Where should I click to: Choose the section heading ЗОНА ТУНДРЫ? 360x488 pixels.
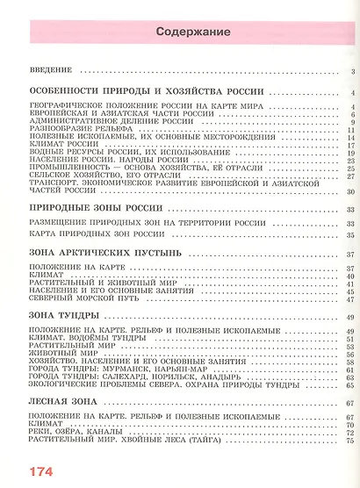63,314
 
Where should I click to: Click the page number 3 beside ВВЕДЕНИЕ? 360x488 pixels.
349,72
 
